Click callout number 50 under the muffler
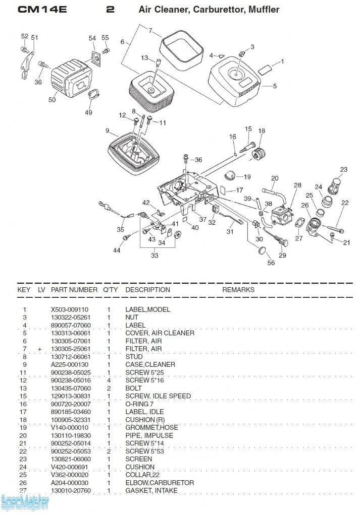pyautogui.click(x=52, y=100)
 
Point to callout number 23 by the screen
pyautogui.click(x=343, y=170)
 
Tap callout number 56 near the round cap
pyautogui.click(x=271, y=263)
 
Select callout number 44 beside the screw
pyautogui.click(x=117, y=250)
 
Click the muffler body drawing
pyautogui.click(x=71, y=78)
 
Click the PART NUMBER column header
pyautogui.click(x=74, y=290)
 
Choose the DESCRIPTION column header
pyautogui.click(x=147, y=290)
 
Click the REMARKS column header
pyautogui.click(x=238, y=290)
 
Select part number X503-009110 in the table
pyautogui.click(x=70, y=309)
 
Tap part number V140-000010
pyautogui.click(x=70, y=427)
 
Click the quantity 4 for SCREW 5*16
pyautogui.click(x=109, y=380)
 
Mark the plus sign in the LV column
pyautogui.click(x=39, y=349)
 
